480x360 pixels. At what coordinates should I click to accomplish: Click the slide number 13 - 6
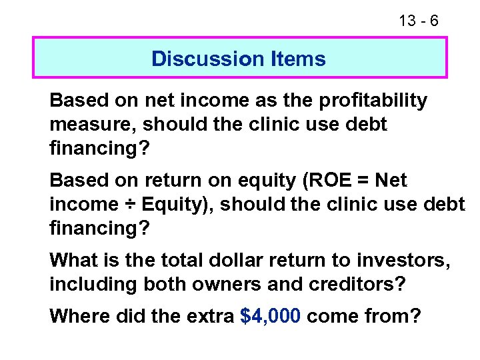[x=419, y=21]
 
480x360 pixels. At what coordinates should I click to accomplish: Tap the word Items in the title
[x=297, y=59]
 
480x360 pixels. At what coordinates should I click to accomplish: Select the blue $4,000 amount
[x=272, y=315]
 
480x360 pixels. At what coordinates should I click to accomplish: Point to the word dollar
[x=239, y=259]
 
